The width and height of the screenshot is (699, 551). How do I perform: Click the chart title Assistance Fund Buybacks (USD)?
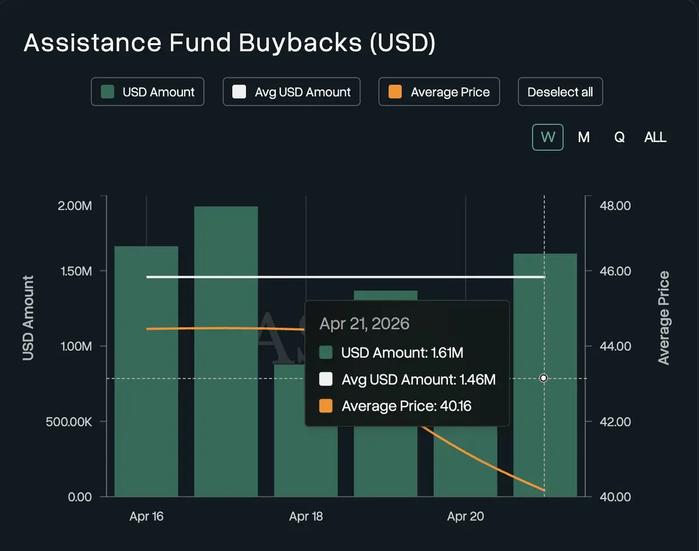pos(229,44)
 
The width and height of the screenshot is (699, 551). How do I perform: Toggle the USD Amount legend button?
pos(147,92)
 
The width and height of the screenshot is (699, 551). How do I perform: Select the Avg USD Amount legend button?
pos(291,92)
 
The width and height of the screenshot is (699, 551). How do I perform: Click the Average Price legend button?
pos(439,92)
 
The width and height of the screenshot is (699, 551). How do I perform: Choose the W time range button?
pos(548,137)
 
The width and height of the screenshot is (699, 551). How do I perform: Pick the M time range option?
pos(584,137)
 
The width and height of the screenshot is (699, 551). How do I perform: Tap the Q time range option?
pos(619,137)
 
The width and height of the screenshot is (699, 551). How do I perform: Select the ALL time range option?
pos(655,137)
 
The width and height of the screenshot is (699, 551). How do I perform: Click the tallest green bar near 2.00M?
pos(226,349)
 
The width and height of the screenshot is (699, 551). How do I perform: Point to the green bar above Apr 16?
pos(146,373)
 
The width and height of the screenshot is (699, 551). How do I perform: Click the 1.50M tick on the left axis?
pos(76,271)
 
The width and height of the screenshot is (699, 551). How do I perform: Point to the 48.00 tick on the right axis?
pos(615,206)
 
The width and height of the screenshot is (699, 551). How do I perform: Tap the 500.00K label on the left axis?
pos(69,422)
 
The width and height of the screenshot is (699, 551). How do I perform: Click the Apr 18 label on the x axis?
pos(306,517)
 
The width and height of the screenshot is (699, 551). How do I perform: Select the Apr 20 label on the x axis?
pos(465,517)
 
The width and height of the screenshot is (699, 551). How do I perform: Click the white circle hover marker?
pos(543,378)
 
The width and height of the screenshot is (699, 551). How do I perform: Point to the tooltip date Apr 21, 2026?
pos(365,324)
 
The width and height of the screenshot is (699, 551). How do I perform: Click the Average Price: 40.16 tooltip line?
pos(406,406)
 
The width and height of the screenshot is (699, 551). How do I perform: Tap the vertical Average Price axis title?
pos(663,318)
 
